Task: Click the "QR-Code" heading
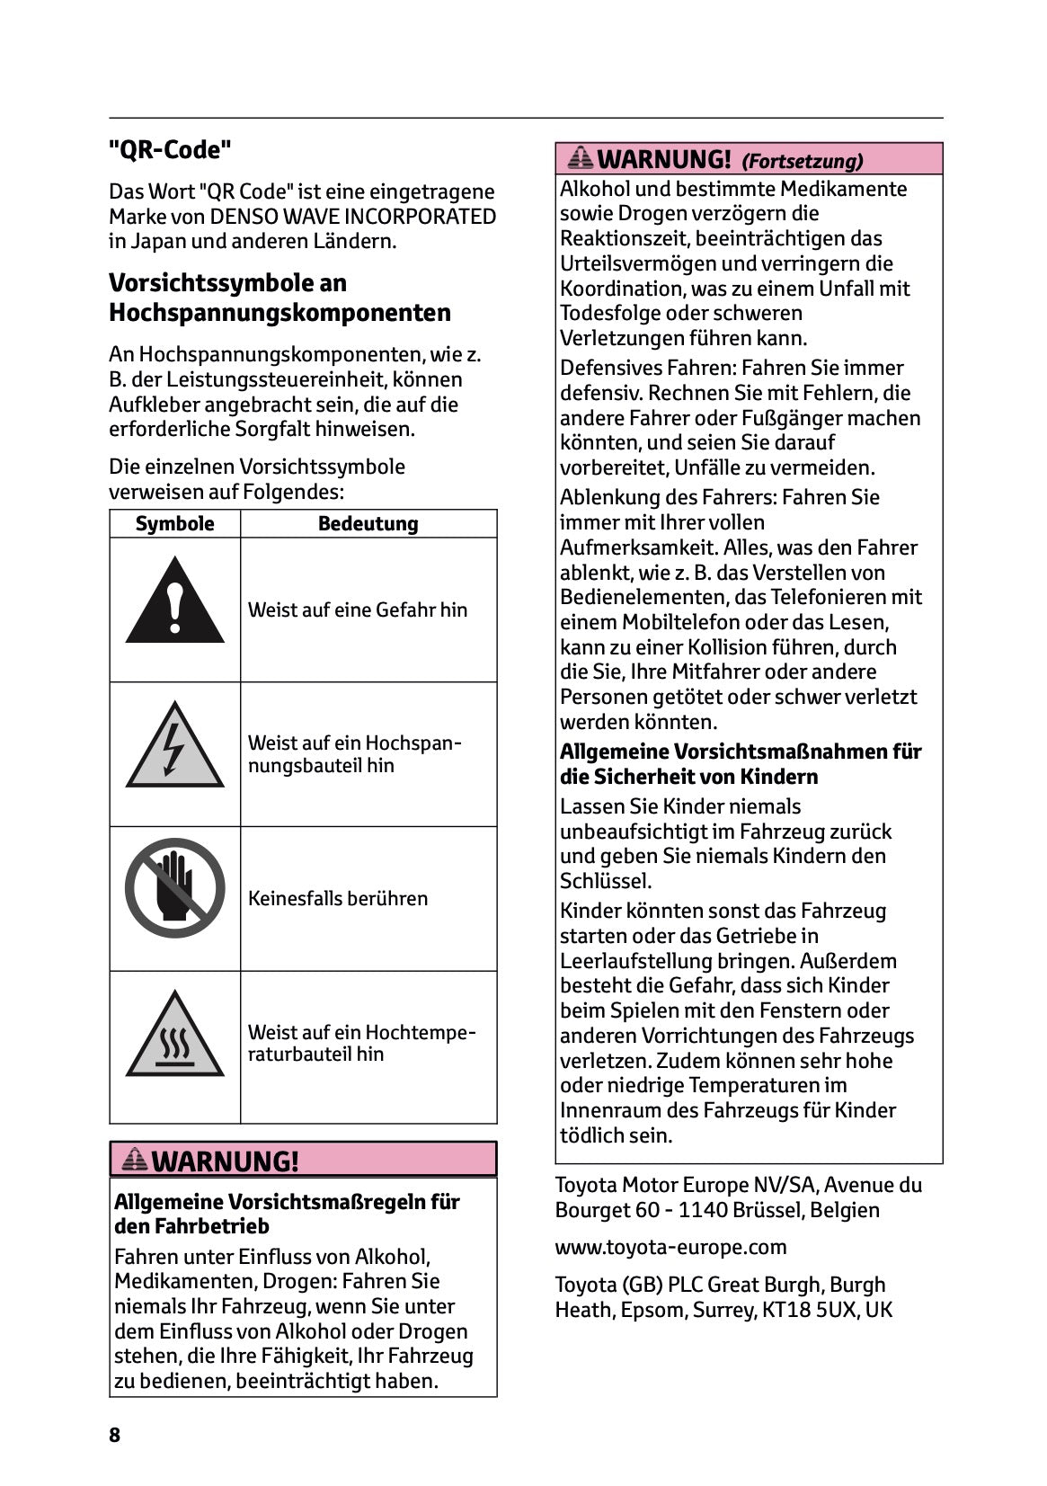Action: coord(170,150)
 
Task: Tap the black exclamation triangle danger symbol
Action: coord(174,601)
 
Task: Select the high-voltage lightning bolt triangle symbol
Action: coord(174,747)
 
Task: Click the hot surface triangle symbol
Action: coord(174,1037)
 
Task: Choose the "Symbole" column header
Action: coord(174,524)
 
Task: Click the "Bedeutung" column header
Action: coord(368,524)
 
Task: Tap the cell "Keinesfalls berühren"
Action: coord(338,898)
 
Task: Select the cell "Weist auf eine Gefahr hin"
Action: coord(358,610)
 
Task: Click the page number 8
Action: coord(114,1435)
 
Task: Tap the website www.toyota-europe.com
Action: coord(670,1247)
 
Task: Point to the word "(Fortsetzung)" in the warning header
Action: coord(802,162)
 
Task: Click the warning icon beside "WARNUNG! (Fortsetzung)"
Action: coord(581,159)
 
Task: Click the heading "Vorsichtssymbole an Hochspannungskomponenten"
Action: coord(279,298)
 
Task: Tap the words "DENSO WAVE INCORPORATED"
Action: coord(352,217)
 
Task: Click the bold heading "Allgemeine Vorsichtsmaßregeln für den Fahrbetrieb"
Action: coord(287,1214)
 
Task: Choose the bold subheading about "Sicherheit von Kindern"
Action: coord(741,764)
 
